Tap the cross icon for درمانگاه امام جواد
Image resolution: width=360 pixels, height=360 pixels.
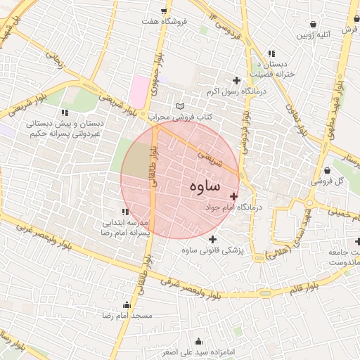(233, 196)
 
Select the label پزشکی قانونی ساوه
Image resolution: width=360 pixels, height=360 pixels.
(212, 250)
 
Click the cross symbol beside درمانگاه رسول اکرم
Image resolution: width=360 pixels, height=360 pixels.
(236, 81)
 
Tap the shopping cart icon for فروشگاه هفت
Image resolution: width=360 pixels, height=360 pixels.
(164, 11)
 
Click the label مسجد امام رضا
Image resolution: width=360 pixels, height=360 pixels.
(127, 317)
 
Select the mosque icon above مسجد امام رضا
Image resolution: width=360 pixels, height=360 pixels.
(127, 305)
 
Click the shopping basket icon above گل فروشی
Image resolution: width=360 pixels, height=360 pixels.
(328, 170)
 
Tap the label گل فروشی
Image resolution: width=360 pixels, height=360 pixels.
(328, 181)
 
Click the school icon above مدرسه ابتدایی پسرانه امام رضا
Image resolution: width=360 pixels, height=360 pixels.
(125, 212)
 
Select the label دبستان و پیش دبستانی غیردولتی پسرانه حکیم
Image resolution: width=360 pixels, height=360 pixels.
(65, 127)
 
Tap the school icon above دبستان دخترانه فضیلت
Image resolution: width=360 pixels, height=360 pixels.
(271, 53)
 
